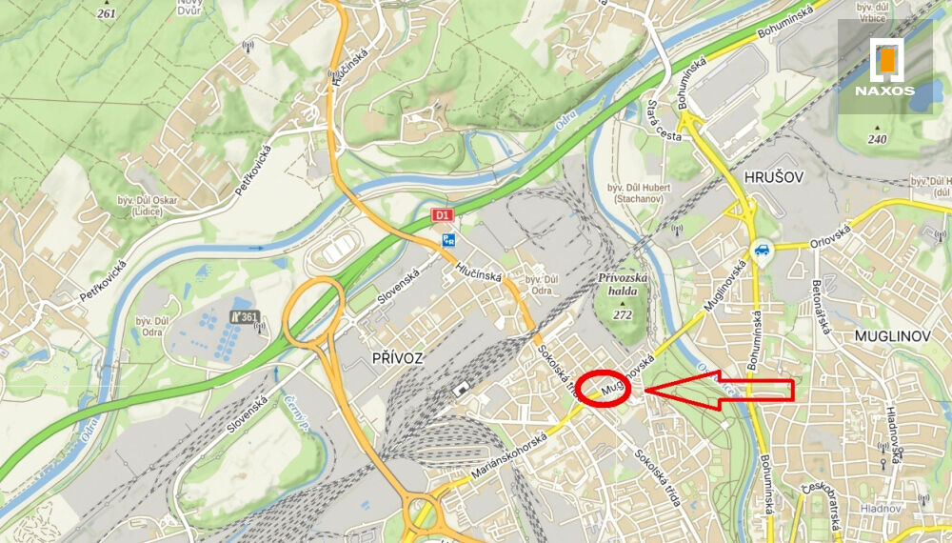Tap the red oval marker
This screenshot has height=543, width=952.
click(610, 389)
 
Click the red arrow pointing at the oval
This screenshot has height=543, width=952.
click(724, 390)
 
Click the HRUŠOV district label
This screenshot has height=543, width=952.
click(767, 178)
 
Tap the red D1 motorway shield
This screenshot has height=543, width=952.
click(442, 215)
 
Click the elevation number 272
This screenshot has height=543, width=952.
click(623, 314)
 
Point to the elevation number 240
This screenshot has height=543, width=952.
click(877, 140)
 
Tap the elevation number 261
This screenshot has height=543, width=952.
click(106, 14)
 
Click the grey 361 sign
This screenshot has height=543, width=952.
click(245, 317)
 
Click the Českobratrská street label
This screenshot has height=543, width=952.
click(819, 504)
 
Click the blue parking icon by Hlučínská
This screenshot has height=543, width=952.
click(448, 242)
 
